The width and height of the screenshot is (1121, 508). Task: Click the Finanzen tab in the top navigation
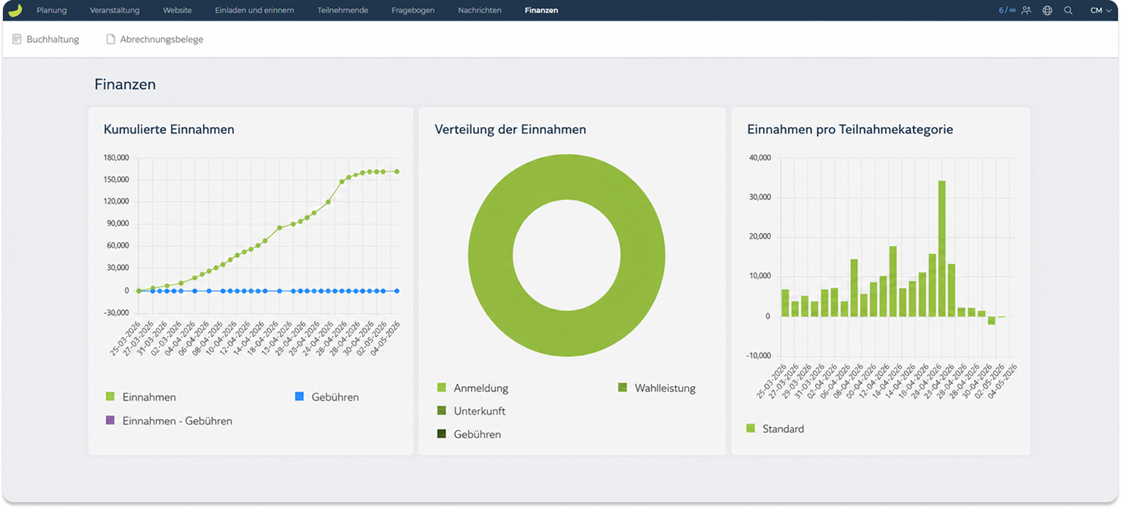pyautogui.click(x=541, y=10)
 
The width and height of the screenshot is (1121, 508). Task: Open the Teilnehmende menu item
pyautogui.click(x=343, y=10)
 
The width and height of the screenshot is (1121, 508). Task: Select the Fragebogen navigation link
pyautogui.click(x=413, y=10)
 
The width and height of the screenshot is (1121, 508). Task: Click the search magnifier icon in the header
pyautogui.click(x=1068, y=10)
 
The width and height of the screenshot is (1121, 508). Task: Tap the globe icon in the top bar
pyautogui.click(x=1047, y=10)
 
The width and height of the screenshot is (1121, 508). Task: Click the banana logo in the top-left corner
pyautogui.click(x=15, y=10)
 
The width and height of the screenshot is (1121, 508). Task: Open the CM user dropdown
pyautogui.click(x=1101, y=10)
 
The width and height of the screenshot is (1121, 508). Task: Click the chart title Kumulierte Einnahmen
pyautogui.click(x=169, y=129)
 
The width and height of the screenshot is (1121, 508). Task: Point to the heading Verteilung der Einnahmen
pyautogui.click(x=510, y=129)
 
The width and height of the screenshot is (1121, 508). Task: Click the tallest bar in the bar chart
pyautogui.click(x=941, y=248)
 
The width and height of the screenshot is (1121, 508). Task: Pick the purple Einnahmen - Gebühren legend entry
pyautogui.click(x=169, y=421)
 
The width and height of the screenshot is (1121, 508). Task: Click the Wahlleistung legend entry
pyautogui.click(x=657, y=388)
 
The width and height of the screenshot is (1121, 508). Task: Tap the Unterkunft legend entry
pyautogui.click(x=471, y=411)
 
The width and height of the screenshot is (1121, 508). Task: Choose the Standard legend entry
pyautogui.click(x=775, y=428)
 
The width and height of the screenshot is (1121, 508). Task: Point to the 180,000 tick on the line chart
pyautogui.click(x=116, y=158)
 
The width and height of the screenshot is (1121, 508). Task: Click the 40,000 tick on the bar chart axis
pyautogui.click(x=760, y=158)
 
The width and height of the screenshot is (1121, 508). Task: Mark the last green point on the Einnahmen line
pyautogui.click(x=397, y=172)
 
